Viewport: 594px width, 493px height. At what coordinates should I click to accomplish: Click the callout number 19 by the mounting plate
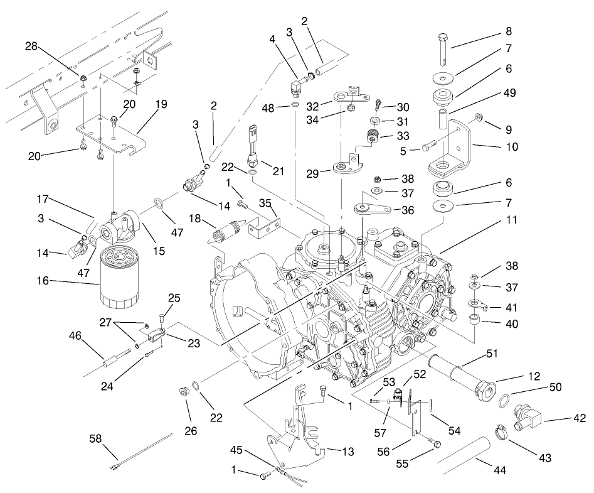(161, 105)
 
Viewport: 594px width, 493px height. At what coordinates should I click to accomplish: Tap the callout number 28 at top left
(31, 46)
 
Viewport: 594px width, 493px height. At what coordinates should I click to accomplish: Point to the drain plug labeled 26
(184, 393)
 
